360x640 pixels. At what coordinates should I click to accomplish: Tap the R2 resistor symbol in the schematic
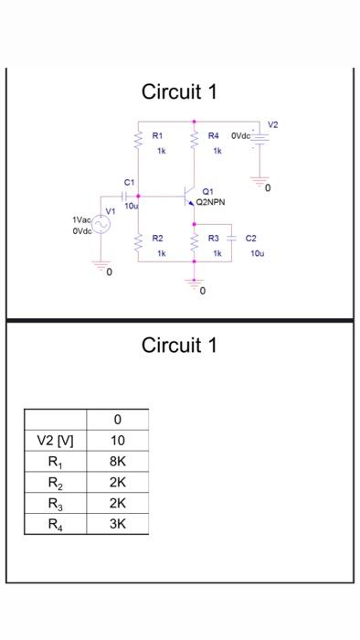click(139, 243)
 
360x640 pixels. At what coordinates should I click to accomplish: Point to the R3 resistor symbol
click(194, 243)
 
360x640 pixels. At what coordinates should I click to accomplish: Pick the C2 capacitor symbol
click(232, 239)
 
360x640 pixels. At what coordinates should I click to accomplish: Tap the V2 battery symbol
click(260, 138)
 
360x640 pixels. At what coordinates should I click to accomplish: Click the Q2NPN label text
click(211, 202)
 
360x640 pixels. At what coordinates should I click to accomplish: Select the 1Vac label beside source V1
click(81, 220)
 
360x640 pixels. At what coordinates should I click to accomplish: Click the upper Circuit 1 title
click(179, 92)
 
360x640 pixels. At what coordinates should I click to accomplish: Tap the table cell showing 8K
click(117, 462)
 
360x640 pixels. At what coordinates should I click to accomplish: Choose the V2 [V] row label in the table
click(55, 441)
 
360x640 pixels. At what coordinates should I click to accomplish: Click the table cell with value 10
click(117, 441)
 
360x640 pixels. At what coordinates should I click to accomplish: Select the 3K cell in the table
click(117, 524)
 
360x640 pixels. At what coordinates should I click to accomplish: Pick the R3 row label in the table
click(55, 503)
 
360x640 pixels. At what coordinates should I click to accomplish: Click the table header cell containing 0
click(117, 420)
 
